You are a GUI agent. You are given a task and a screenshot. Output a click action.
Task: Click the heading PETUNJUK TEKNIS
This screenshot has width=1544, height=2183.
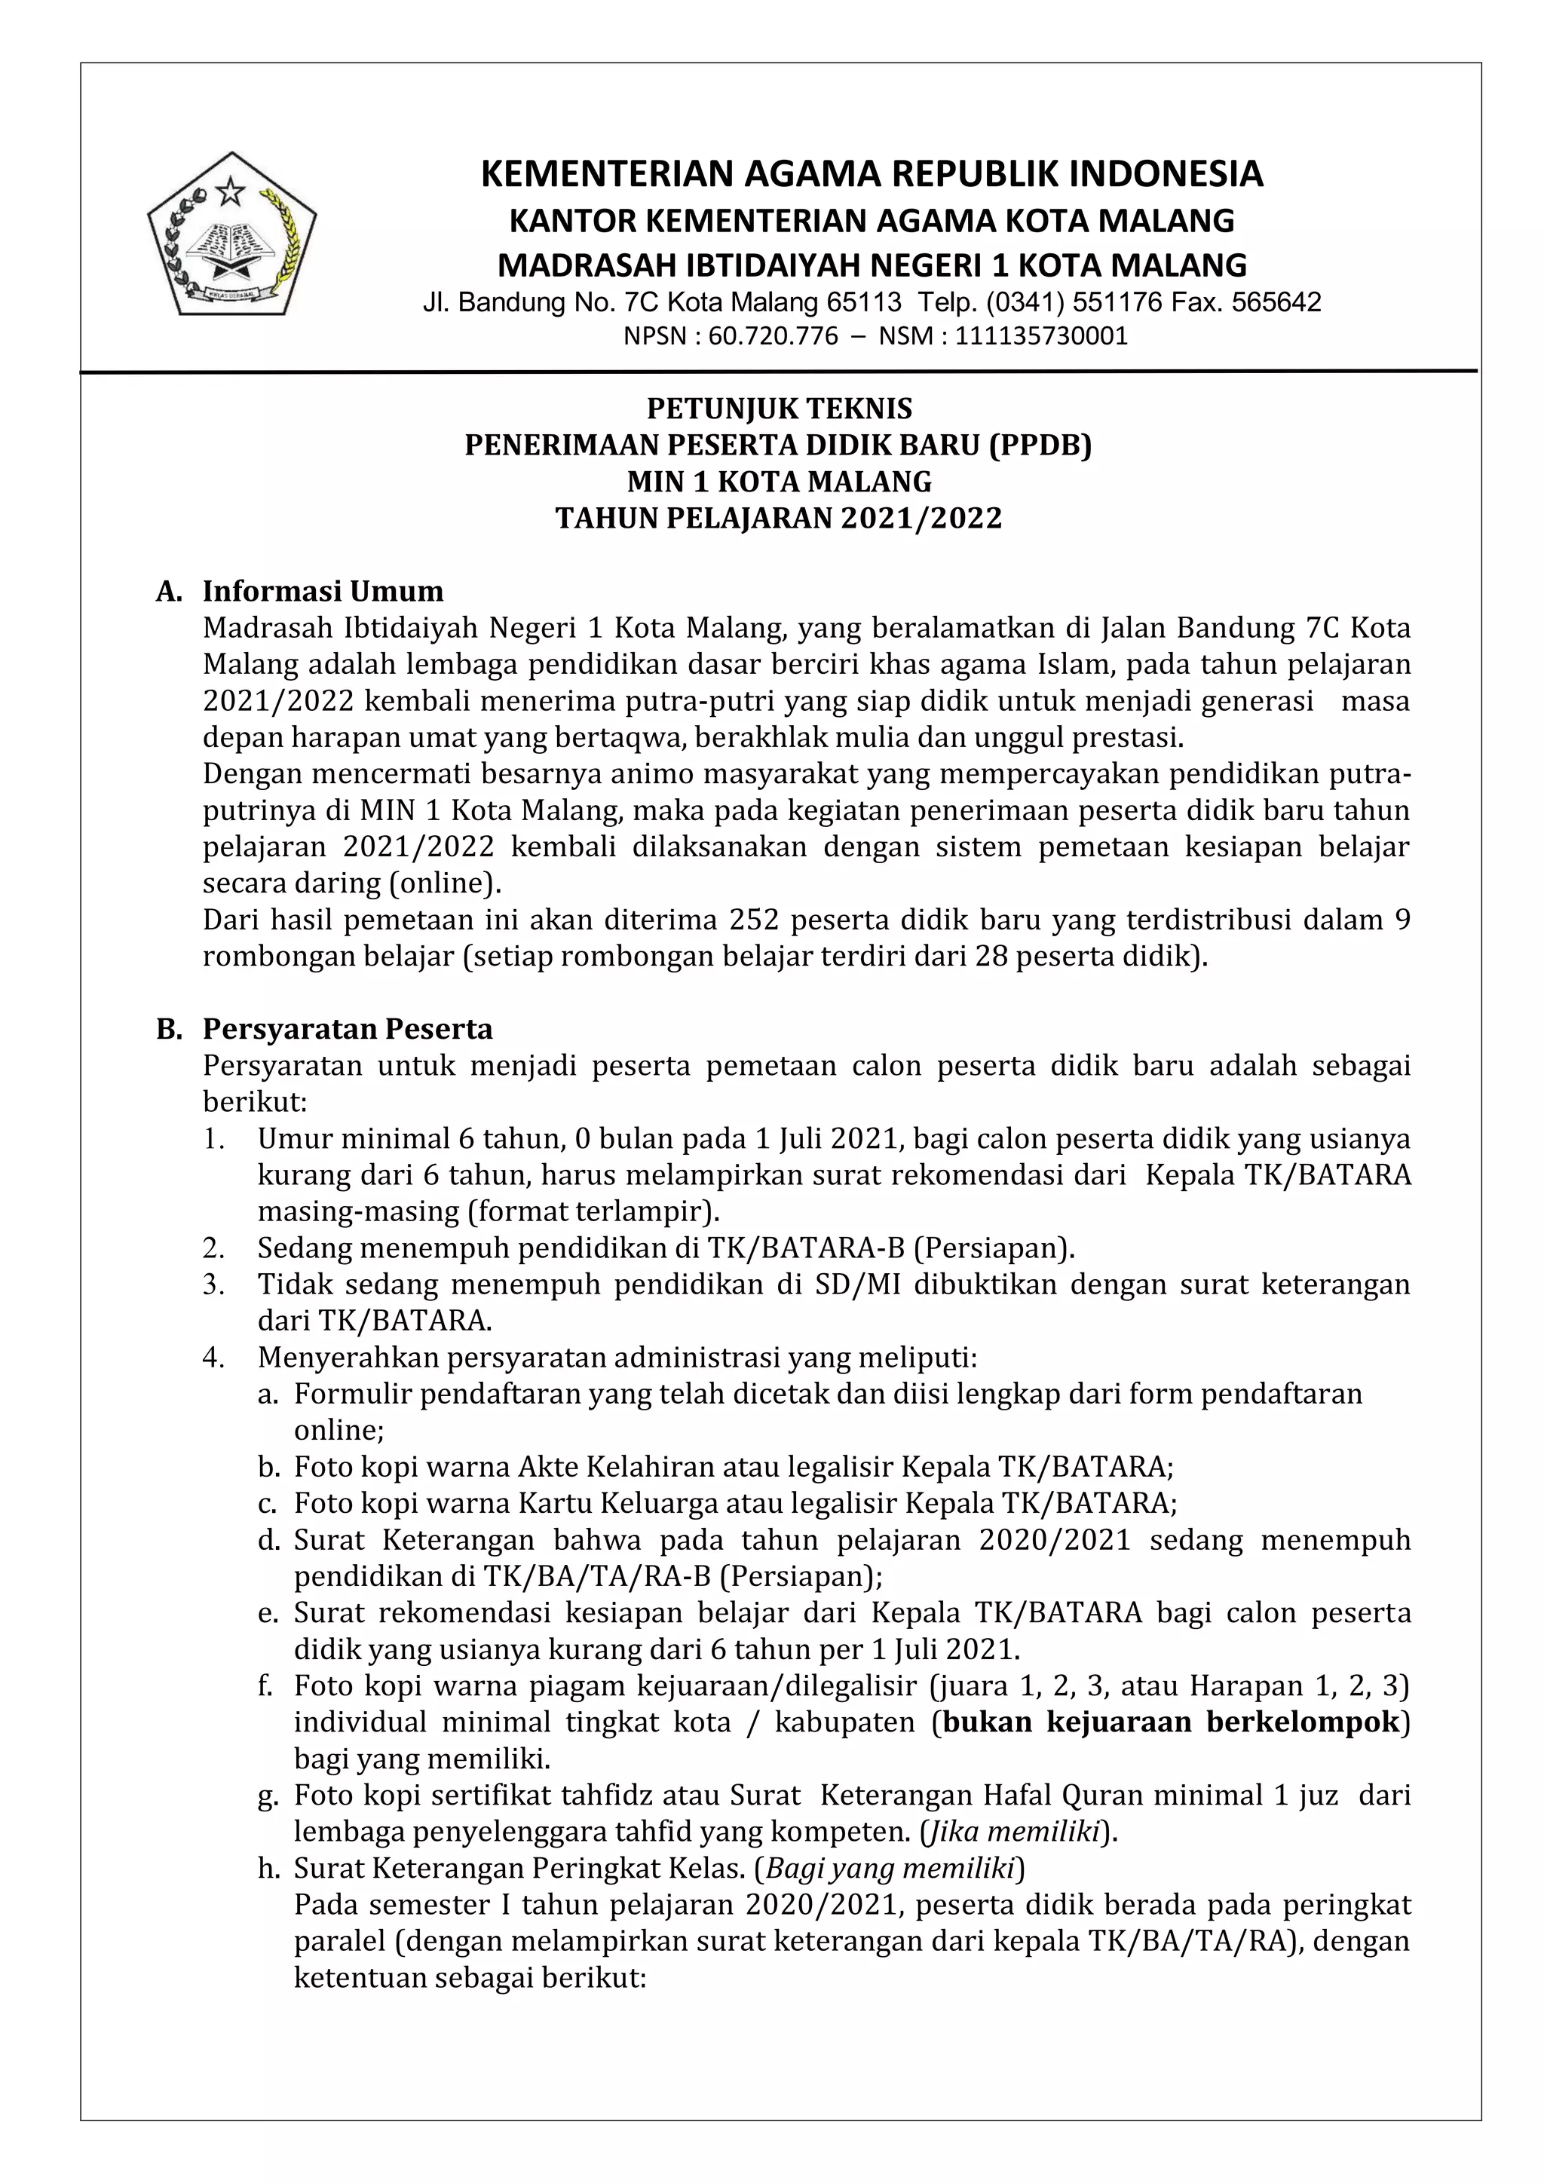[x=779, y=409]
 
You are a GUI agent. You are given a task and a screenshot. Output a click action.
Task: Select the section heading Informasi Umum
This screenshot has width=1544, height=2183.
[x=323, y=592]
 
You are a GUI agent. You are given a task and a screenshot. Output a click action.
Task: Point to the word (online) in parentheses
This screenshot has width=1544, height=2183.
[x=443, y=883]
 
